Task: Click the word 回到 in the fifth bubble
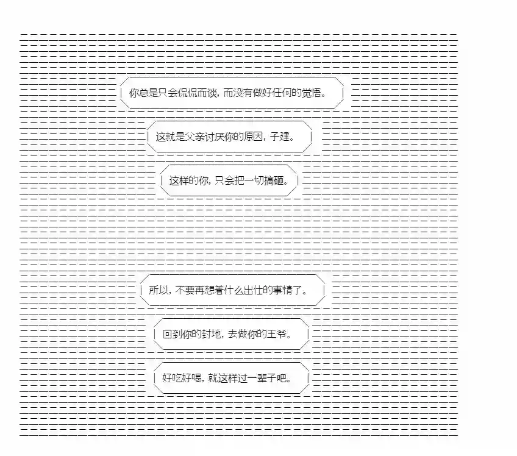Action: tap(172, 335)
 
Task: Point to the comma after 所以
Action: tap(169, 293)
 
